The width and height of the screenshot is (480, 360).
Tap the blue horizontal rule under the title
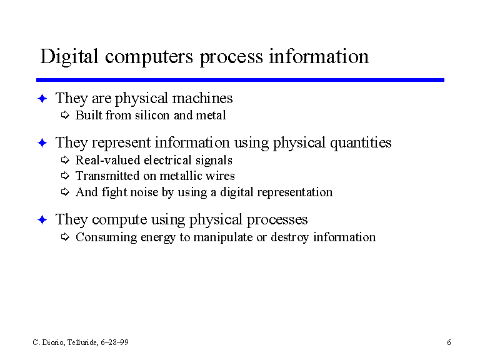click(x=240, y=80)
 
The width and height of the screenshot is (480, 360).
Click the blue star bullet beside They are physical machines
click(x=42, y=99)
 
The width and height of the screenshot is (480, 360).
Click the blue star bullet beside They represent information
click(x=42, y=143)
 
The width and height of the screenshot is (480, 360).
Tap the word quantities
click(x=361, y=143)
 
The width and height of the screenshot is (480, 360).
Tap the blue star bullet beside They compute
click(x=42, y=220)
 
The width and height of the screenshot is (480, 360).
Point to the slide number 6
click(x=449, y=342)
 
